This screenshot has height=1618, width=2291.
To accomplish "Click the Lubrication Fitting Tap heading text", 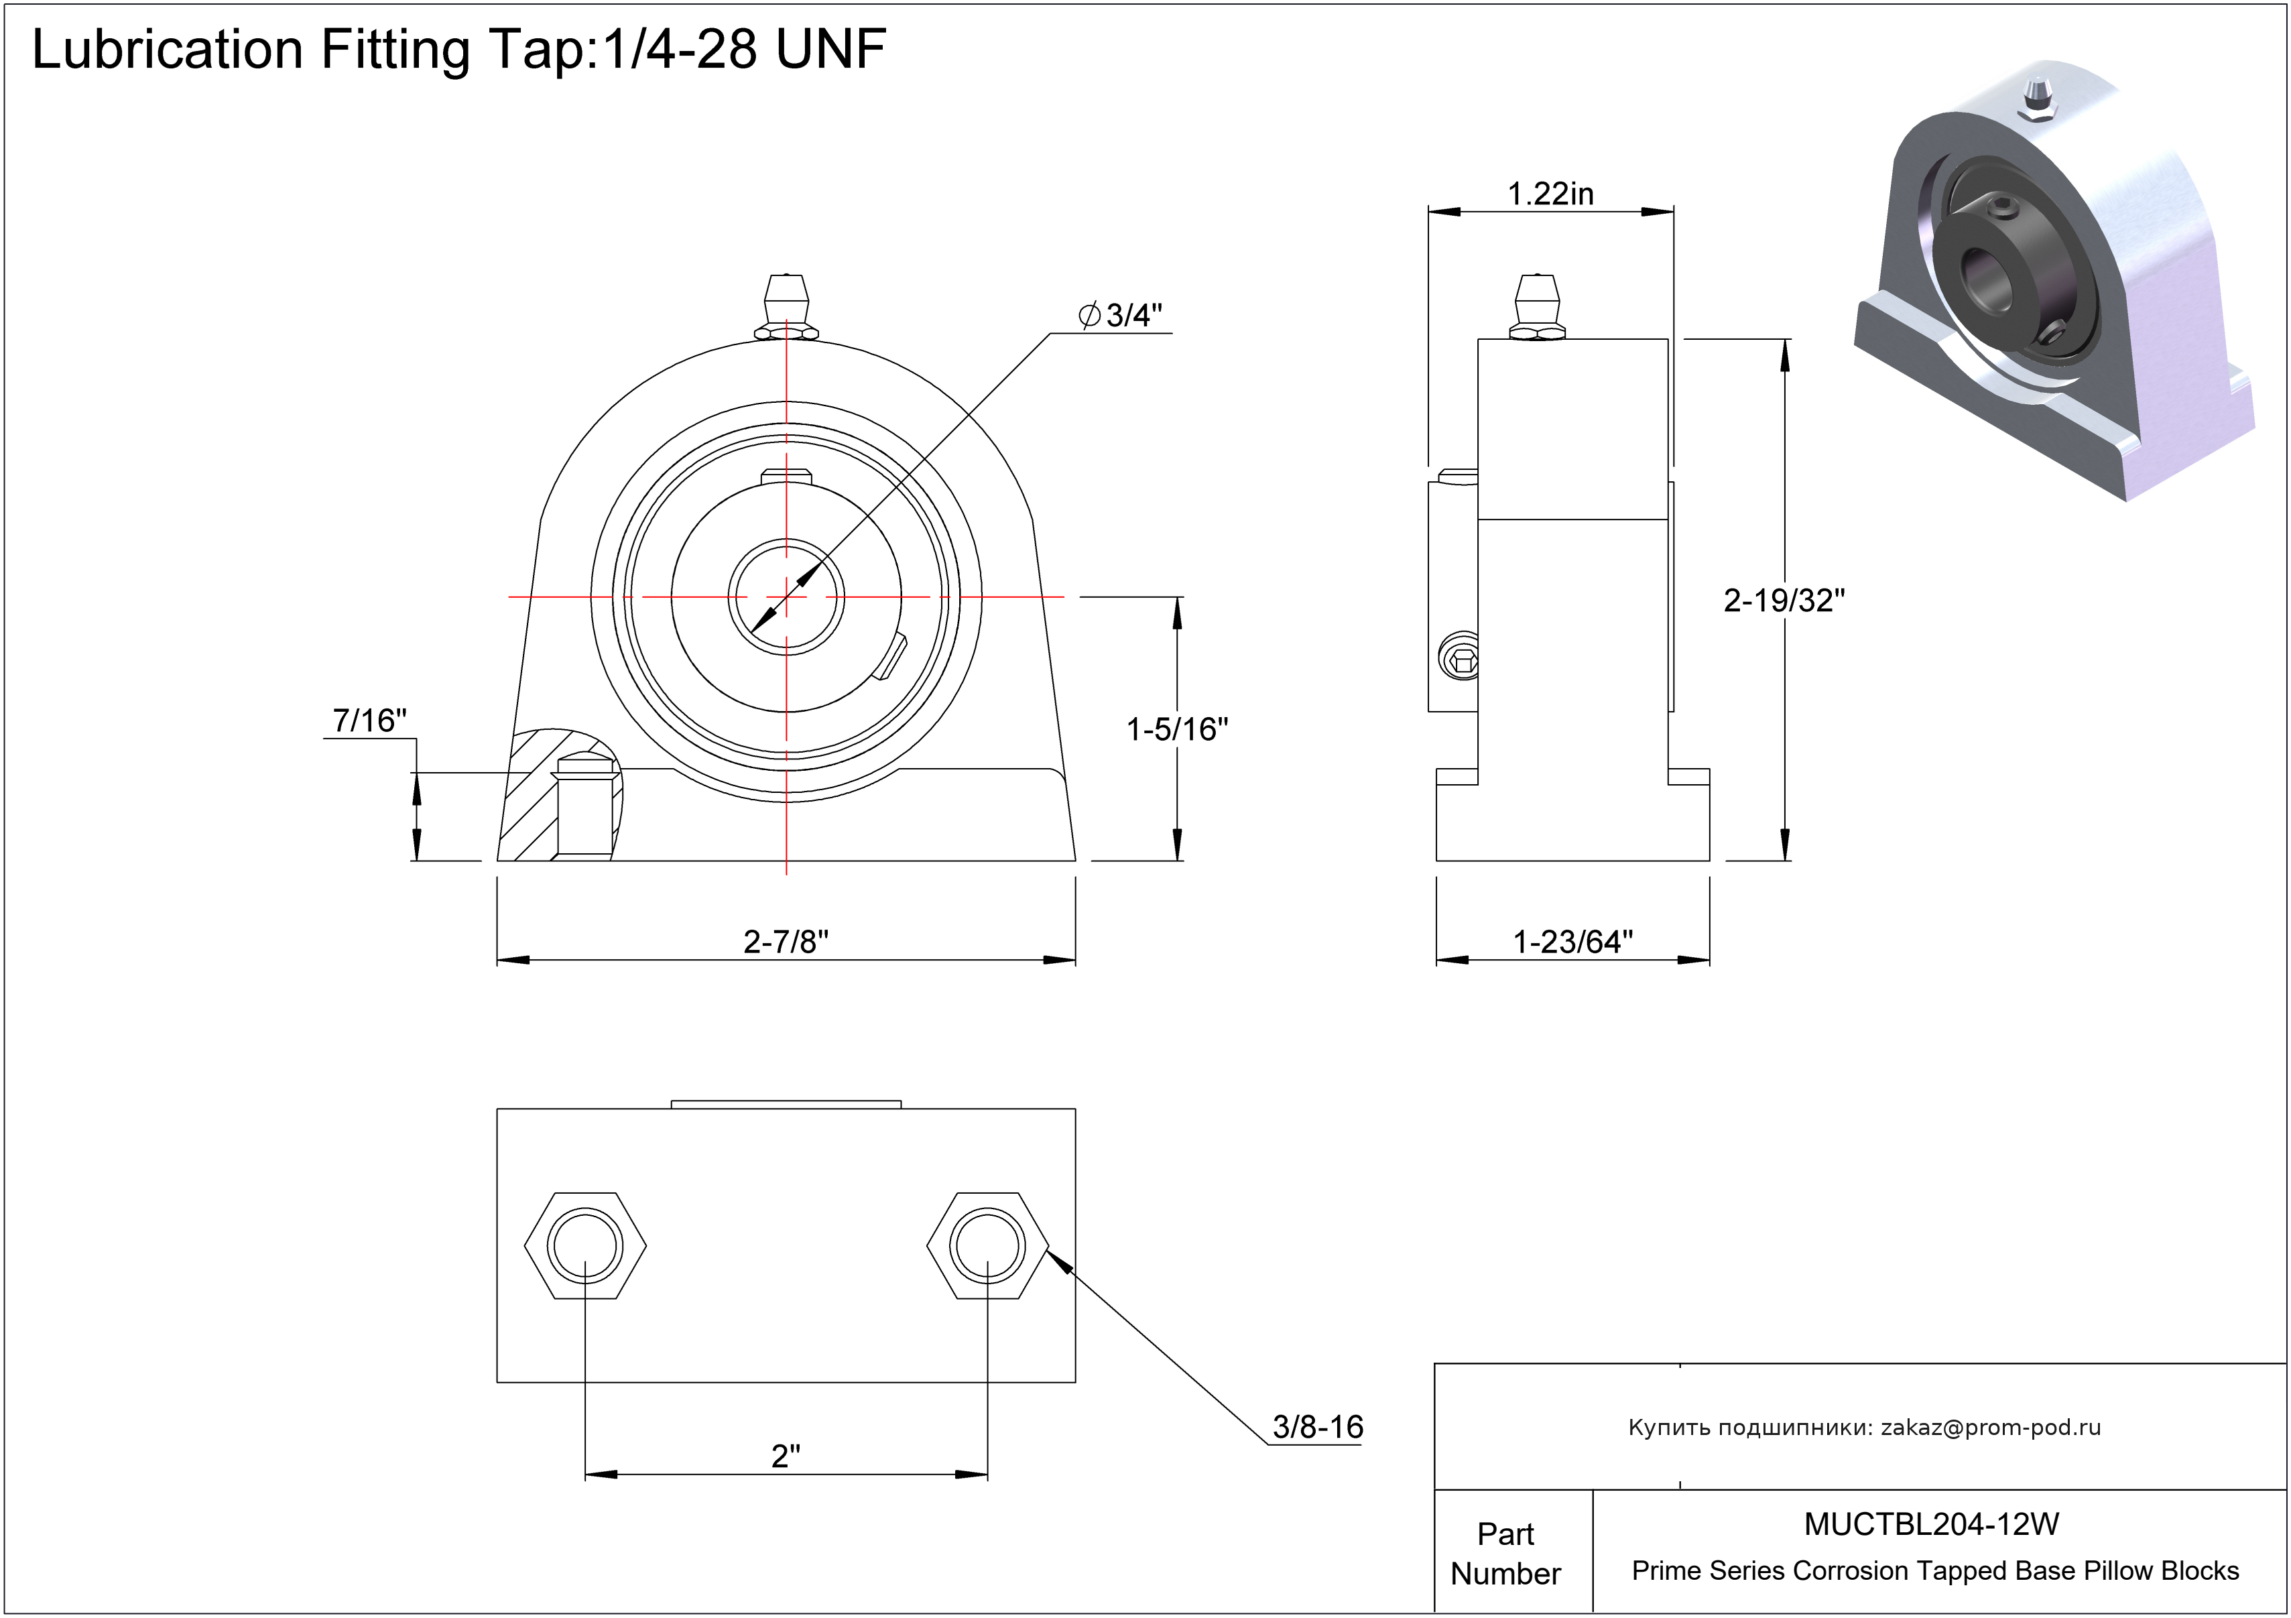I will pos(459,49).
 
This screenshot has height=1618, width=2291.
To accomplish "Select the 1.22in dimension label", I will pos(1550,194).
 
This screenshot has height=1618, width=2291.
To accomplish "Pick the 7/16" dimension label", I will pos(369,721).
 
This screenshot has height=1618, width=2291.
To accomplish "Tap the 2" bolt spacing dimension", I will pos(786,1456).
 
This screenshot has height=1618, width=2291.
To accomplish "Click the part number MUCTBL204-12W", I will pos(1932,1524).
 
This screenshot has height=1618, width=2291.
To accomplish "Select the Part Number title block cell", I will pos(1505,1553).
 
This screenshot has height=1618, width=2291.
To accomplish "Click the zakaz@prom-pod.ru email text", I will pos(1991,1428).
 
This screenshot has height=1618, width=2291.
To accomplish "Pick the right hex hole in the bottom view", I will pos(987,1246).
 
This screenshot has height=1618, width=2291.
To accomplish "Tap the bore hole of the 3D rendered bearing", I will pos(1985,274).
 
